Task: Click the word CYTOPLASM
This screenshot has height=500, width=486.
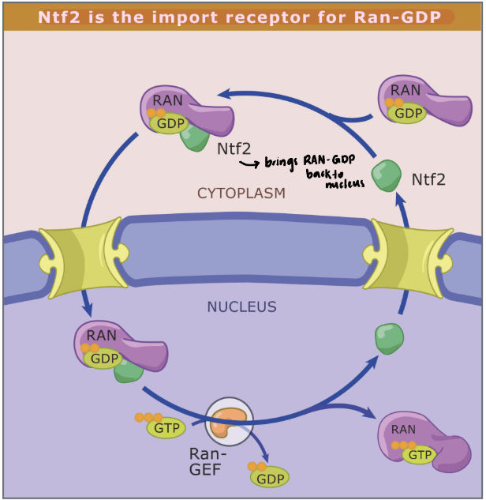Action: point(241,193)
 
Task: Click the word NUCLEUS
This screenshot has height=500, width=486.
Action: point(241,306)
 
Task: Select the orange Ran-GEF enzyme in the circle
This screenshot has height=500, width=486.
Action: point(230,421)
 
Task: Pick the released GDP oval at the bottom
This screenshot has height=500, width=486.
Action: point(270,477)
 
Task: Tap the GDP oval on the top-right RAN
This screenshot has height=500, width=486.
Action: point(408,113)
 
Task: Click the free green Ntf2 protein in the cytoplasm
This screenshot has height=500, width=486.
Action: point(387,175)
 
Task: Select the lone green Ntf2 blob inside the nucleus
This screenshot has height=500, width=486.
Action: point(388,338)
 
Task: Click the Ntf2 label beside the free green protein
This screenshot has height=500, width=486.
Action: point(428,179)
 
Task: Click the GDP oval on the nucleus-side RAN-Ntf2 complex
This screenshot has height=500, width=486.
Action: point(104,359)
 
